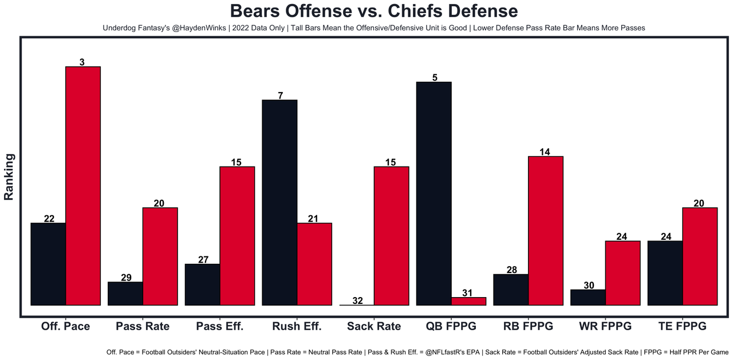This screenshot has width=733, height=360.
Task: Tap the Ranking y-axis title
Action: click(9, 176)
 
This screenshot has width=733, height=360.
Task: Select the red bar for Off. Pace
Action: click(83, 186)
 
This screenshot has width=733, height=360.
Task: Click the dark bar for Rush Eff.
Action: click(279, 203)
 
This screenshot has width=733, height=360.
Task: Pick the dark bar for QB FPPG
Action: click(434, 193)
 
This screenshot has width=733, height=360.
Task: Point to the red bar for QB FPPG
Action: click(469, 301)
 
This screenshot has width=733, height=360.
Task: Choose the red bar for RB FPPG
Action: click(546, 231)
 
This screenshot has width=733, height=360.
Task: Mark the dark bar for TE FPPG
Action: click(665, 273)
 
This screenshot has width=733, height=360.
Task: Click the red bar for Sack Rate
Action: click(392, 236)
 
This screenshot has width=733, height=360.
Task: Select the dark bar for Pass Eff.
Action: click(203, 284)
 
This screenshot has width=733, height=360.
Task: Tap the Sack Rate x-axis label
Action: click(374, 326)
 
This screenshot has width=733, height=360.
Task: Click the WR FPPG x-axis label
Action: click(605, 326)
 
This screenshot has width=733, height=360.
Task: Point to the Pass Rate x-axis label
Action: click(143, 326)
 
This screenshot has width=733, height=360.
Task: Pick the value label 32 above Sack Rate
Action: click(357, 300)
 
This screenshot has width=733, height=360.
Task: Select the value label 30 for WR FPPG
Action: click(588, 285)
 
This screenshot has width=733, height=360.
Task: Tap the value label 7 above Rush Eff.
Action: click(280, 96)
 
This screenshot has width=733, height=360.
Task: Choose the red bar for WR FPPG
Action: click(622, 273)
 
